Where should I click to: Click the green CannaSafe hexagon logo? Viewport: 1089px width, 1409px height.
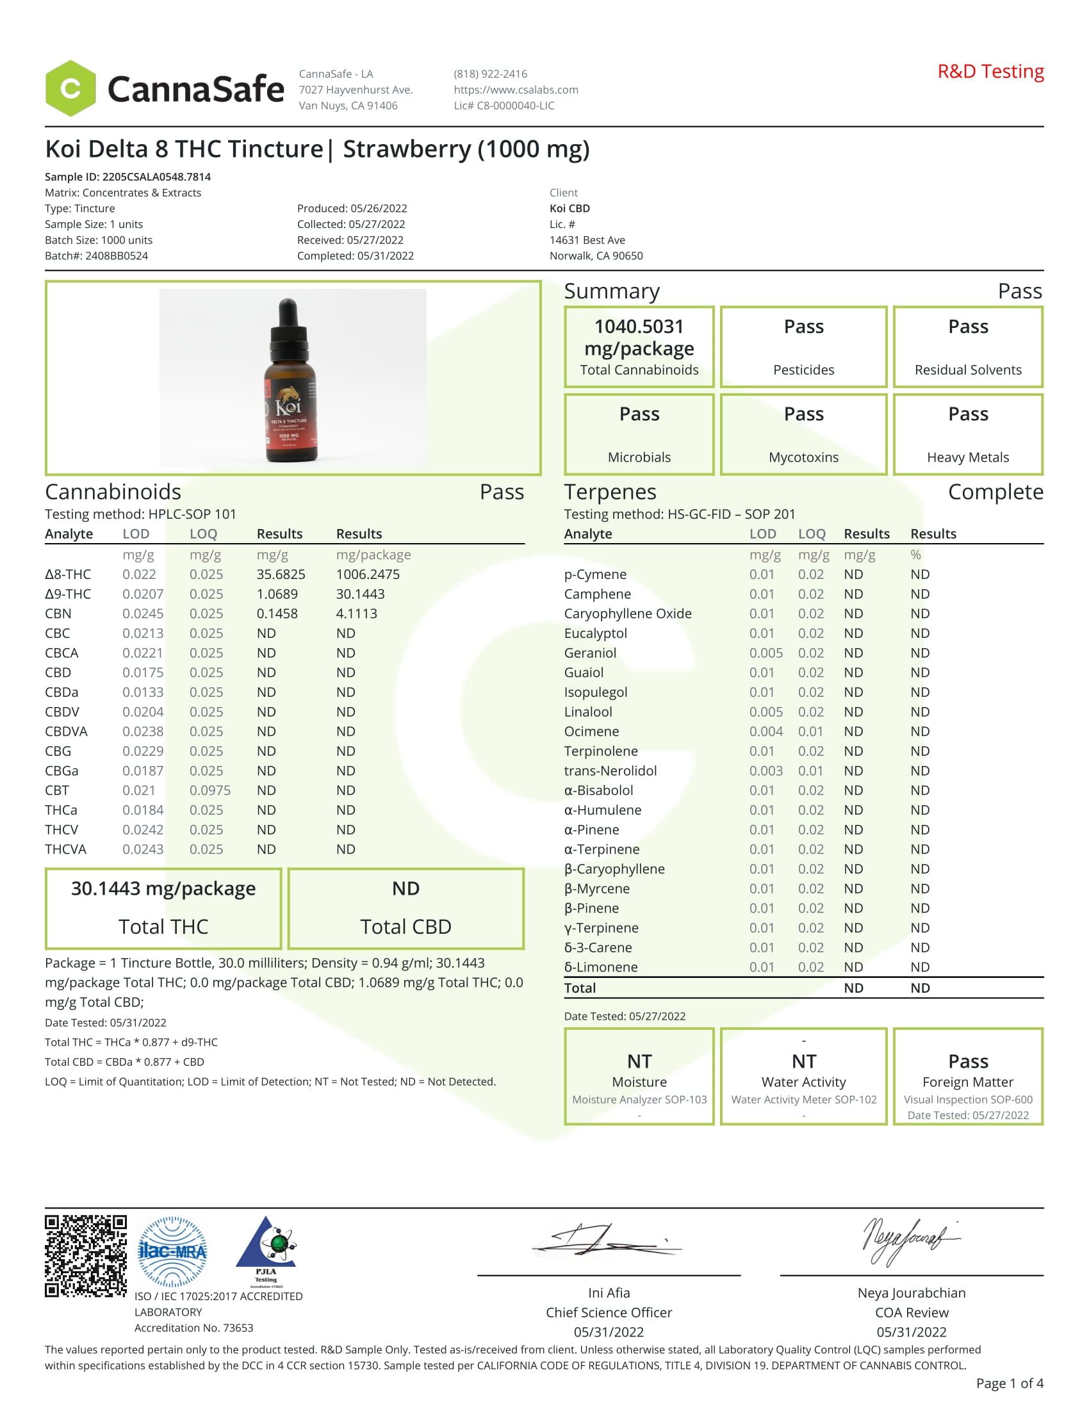pyautogui.click(x=70, y=88)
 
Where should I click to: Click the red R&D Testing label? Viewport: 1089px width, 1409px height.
pyautogui.click(x=990, y=72)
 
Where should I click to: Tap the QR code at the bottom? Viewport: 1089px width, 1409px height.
pyautogui.click(x=85, y=1255)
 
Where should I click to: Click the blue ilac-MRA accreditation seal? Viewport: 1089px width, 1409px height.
pyautogui.click(x=173, y=1252)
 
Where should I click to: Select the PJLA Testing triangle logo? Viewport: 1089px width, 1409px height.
pyautogui.click(x=266, y=1250)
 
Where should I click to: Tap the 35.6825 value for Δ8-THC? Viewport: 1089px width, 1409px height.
pyautogui.click(x=281, y=574)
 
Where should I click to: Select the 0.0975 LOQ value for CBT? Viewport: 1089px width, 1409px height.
pyautogui.click(x=209, y=790)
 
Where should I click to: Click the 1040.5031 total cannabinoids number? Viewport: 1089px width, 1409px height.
pyautogui.click(x=639, y=327)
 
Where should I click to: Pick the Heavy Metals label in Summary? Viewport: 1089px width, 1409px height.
pyautogui.click(x=968, y=457)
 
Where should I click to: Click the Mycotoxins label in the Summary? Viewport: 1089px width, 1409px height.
pyautogui.click(x=803, y=457)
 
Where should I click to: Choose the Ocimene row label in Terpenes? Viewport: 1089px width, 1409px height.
pyautogui.click(x=592, y=731)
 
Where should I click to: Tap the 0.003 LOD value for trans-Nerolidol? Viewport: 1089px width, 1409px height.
pyautogui.click(x=766, y=771)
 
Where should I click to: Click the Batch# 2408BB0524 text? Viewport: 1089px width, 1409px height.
pyautogui.click(x=96, y=256)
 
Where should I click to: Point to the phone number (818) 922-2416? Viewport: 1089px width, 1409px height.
pyautogui.click(x=490, y=74)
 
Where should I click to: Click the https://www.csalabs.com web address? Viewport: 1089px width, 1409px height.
pyautogui.click(x=516, y=90)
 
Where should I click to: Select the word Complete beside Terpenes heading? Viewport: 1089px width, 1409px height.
pyautogui.click(x=995, y=493)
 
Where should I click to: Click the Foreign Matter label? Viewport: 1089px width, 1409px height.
pyautogui.click(x=968, y=1082)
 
